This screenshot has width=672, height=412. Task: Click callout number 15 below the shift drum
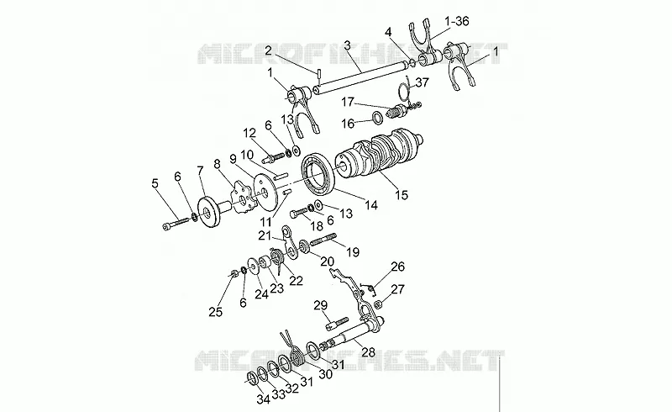tap(402, 195)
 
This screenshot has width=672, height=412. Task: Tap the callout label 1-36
tap(457, 20)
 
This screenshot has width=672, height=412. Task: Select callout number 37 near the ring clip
tap(423, 82)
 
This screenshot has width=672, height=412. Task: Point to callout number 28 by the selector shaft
tap(369, 352)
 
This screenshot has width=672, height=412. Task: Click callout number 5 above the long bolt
tap(155, 183)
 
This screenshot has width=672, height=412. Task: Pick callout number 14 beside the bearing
tap(371, 205)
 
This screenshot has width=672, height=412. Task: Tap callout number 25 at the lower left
tap(216, 312)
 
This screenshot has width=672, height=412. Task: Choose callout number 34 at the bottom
tap(263, 399)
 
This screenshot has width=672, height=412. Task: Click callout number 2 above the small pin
tap(268, 51)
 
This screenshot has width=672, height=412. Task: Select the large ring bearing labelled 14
tap(318, 176)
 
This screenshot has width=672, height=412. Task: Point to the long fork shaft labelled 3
tap(360, 77)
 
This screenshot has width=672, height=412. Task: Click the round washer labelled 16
tap(377, 117)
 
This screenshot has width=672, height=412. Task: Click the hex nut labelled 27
tap(379, 304)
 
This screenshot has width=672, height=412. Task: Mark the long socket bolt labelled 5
tap(176, 223)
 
